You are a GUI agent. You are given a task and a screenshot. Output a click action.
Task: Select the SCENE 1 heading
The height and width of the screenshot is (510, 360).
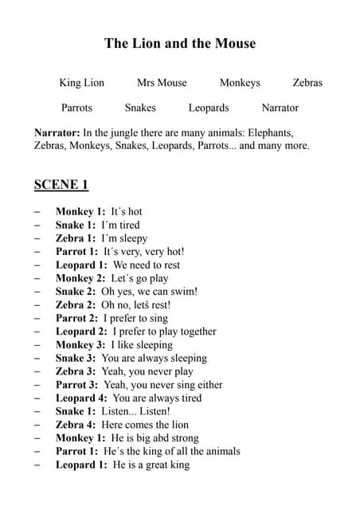(x=61, y=185)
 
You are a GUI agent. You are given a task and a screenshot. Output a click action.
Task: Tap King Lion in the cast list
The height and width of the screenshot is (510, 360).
(x=81, y=82)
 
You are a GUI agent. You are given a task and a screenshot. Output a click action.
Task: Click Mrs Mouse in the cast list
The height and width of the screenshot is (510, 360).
(x=162, y=82)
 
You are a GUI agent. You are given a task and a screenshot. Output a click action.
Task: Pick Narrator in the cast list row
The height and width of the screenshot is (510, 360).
(x=280, y=108)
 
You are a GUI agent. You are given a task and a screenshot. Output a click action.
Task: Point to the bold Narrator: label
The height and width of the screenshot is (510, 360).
(x=57, y=132)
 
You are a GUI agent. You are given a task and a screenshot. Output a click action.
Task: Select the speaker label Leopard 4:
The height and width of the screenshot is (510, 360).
(x=80, y=398)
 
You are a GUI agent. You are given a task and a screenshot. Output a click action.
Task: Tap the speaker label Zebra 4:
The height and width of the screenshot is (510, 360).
(x=76, y=425)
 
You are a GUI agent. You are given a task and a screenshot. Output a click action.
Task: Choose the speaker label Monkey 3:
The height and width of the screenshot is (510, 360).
(x=80, y=345)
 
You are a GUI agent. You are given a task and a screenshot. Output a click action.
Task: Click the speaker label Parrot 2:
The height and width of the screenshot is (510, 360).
(x=77, y=318)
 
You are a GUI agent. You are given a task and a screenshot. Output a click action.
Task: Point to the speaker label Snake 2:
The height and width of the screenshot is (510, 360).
(x=76, y=292)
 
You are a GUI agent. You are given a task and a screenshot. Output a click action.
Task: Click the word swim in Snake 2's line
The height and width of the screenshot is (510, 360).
(x=183, y=292)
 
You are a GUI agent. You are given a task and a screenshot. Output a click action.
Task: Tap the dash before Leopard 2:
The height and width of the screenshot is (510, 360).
(x=37, y=331)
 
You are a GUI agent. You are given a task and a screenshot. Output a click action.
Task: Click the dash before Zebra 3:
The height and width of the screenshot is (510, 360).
(x=37, y=371)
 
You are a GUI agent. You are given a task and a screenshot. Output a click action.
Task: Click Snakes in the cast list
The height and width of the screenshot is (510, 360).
(x=140, y=108)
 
